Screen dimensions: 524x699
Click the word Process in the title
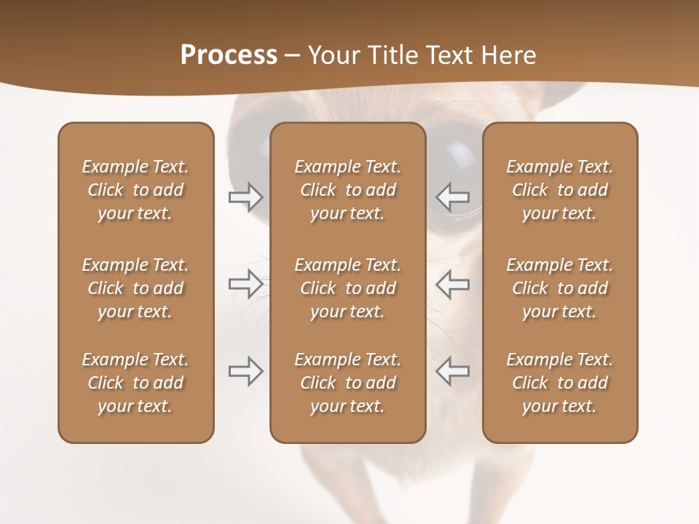coord(229,55)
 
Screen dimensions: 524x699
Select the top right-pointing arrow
coord(246,197)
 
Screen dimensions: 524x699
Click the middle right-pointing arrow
coord(246,283)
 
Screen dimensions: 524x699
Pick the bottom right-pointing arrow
coord(246,371)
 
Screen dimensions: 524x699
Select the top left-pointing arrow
coord(452,197)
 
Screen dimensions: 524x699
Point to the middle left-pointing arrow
coord(452,283)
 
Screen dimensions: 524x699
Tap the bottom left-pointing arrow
coord(452,371)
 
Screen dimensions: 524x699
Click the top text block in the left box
coord(135,190)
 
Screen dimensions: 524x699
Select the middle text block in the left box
coord(135,288)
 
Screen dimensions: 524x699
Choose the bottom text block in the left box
coord(135,383)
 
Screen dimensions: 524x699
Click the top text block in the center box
coord(347,190)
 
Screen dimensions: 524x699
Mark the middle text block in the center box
coord(347,288)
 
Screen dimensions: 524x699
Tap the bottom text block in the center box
coord(347,383)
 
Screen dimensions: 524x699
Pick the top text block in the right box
coord(559,190)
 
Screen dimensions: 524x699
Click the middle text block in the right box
coord(559,288)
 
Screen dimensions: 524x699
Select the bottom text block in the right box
coord(559,383)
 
